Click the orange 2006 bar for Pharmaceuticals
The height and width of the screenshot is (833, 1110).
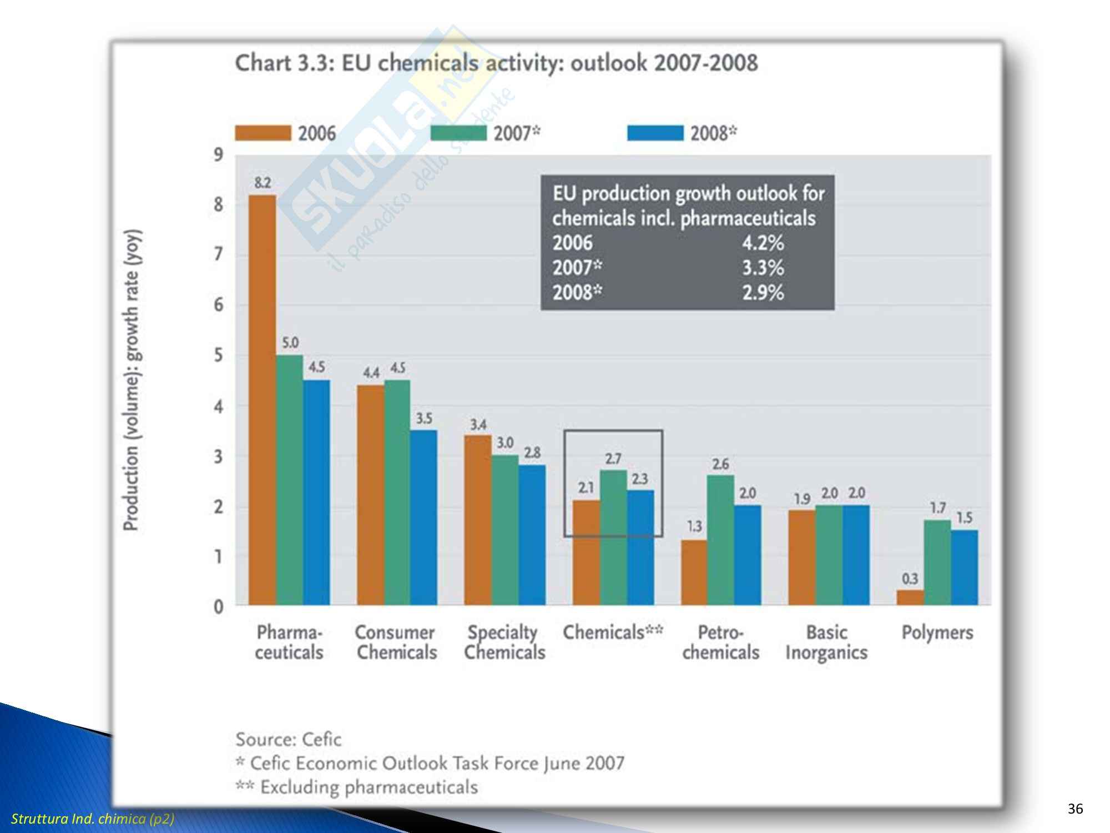[262, 400]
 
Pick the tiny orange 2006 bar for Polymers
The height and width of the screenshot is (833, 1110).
[910, 598]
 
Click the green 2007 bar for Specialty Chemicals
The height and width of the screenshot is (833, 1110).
[504, 530]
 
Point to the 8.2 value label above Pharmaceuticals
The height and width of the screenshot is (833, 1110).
[263, 183]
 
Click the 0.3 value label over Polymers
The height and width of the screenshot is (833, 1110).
[910, 579]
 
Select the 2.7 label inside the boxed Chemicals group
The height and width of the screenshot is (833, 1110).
[613, 459]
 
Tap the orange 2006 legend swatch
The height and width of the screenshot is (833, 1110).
[263, 133]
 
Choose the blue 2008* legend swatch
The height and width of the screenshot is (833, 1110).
[655, 133]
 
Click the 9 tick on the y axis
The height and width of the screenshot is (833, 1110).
[219, 154]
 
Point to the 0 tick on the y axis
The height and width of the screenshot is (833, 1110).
[219, 606]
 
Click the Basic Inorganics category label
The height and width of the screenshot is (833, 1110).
[826, 643]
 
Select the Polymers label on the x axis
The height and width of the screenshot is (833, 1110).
[937, 633]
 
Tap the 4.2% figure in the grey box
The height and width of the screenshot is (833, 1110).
[763, 243]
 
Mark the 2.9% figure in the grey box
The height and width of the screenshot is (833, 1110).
[763, 292]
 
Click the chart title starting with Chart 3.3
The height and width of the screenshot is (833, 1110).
[496, 63]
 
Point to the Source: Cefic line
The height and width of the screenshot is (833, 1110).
[289, 739]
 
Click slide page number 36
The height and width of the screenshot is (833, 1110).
[1075, 809]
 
